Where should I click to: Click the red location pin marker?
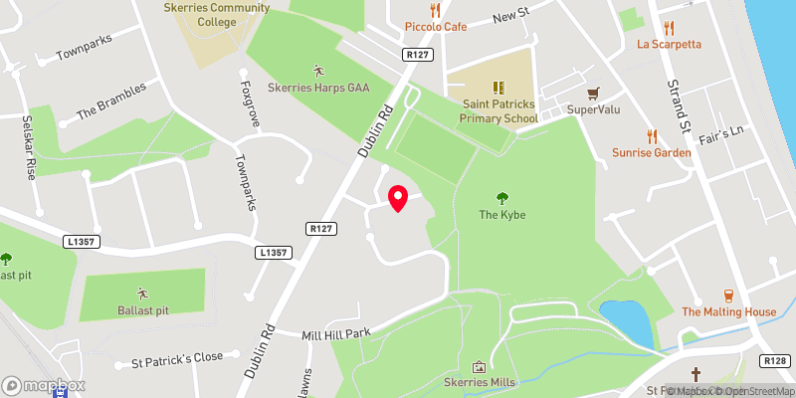[397, 198]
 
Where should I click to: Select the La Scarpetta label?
[670, 44]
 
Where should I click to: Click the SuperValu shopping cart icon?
[595, 93]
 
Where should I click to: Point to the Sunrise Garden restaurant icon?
[652, 135]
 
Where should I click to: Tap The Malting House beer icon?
[728, 296]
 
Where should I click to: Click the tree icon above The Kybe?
[501, 198]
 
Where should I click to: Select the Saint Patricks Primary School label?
[498, 110]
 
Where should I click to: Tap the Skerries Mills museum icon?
[478, 367]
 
